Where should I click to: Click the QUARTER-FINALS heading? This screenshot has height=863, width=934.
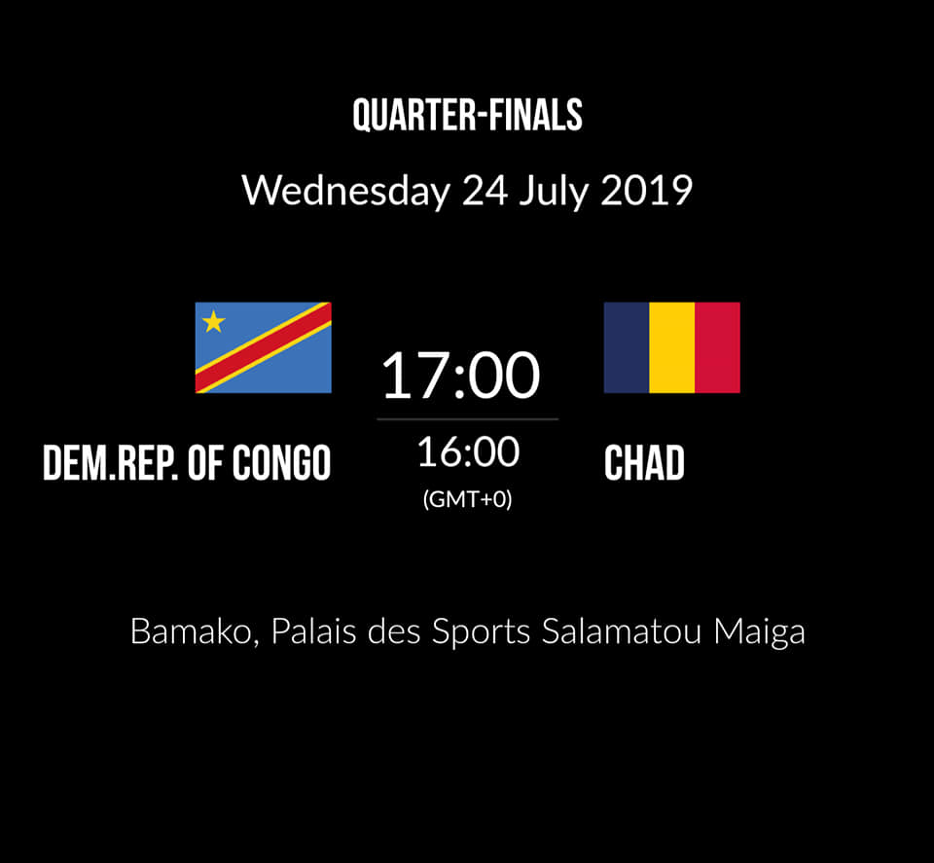468,115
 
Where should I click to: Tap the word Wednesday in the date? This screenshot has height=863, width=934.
346,191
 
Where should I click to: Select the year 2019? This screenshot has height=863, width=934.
646,191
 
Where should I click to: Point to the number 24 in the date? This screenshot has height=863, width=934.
485,191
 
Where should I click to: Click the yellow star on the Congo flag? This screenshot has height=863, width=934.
213,322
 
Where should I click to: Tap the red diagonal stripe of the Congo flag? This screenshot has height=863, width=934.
264,347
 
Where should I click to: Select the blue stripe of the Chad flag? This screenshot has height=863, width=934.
627,347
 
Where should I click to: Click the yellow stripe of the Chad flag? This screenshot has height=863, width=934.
672,347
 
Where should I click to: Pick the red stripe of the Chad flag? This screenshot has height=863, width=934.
717,347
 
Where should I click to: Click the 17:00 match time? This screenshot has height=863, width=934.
460,376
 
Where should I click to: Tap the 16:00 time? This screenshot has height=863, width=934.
468,452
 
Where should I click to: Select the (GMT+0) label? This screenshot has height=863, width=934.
468,499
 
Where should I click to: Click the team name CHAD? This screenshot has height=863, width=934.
644,463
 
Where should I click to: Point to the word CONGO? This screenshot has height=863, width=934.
282,463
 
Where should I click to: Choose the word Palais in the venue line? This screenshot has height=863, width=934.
314,631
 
